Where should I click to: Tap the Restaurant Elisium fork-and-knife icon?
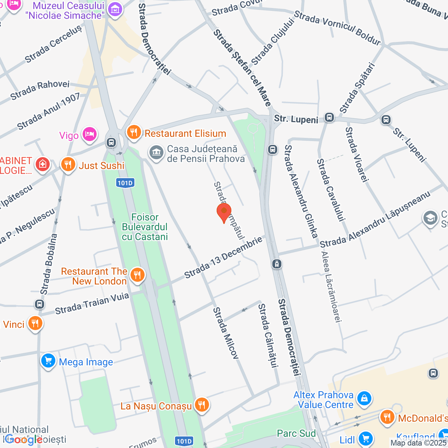tap(134, 133)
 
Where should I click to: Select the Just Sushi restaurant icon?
tap(68, 164)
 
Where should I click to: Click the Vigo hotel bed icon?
tap(89, 134)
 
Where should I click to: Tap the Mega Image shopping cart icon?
tap(48, 361)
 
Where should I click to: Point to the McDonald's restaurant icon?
tap(387, 418)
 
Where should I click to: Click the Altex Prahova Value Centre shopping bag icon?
tap(364, 399)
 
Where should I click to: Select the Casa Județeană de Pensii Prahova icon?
tap(156, 153)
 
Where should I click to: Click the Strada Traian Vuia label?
tap(92, 303)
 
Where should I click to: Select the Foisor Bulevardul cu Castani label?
tap(145, 227)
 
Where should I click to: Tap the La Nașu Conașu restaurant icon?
tap(201, 405)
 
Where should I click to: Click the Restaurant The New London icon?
tap(137, 275)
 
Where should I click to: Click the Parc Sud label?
tap(296, 433)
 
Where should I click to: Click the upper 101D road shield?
tap(125, 183)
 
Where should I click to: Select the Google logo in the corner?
tap(24, 439)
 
